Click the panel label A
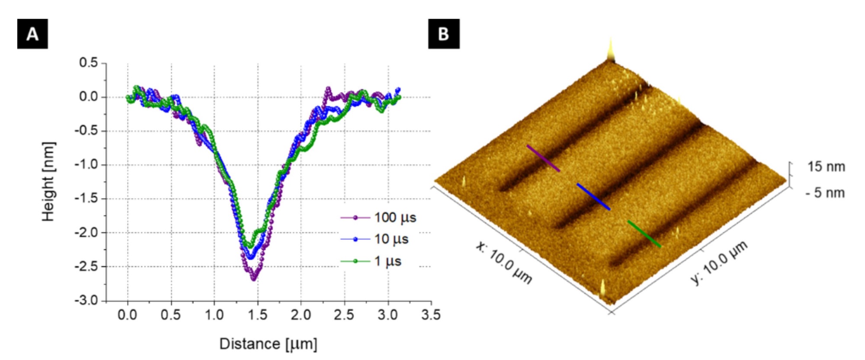(32, 34)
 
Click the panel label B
(444, 34)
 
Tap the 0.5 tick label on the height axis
(89, 63)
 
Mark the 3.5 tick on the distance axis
(431, 315)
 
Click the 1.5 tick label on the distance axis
(258, 315)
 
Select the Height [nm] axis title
(48, 182)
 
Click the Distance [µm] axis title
(268, 344)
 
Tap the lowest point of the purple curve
(254, 279)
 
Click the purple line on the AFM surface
(543, 158)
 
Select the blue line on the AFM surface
(593, 196)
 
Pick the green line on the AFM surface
(644, 234)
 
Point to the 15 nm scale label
(826, 167)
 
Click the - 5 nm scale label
(825, 193)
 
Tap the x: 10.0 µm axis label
(504, 263)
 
